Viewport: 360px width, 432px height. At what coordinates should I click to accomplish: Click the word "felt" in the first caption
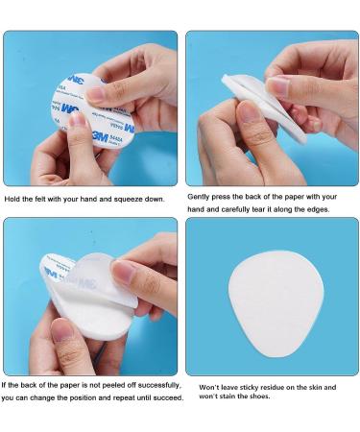pyautogui.click(x=35, y=199)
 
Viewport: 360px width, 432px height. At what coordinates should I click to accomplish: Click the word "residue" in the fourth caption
pyautogui.click(x=273, y=388)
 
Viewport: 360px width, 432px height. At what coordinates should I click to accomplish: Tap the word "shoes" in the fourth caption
pyautogui.click(x=259, y=396)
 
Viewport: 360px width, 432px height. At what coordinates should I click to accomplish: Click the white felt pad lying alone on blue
pyautogui.click(x=276, y=304)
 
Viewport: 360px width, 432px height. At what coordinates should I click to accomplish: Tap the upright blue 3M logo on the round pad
pyautogui.click(x=101, y=136)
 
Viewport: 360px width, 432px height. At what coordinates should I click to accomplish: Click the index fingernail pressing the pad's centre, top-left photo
pyautogui.click(x=97, y=94)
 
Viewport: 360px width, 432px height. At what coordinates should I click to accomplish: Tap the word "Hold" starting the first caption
pyautogui.click(x=12, y=199)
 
